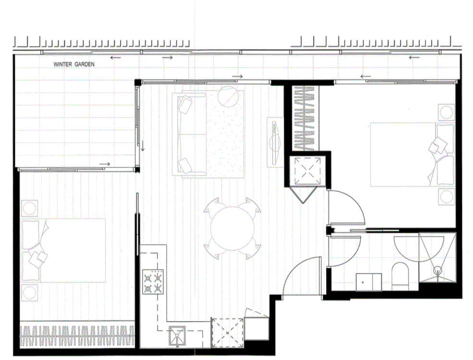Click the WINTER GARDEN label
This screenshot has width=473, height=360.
pyautogui.click(x=74, y=64)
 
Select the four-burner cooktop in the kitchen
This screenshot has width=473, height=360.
pyautogui.click(x=153, y=282)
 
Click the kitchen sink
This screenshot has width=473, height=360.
pyautogui.click(x=177, y=335)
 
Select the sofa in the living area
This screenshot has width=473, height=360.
pyautogui.click(x=190, y=134)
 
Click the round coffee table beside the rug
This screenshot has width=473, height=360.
pyautogui.click(x=229, y=97)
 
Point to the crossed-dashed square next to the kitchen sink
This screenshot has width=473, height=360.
pyautogui.click(x=228, y=332)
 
